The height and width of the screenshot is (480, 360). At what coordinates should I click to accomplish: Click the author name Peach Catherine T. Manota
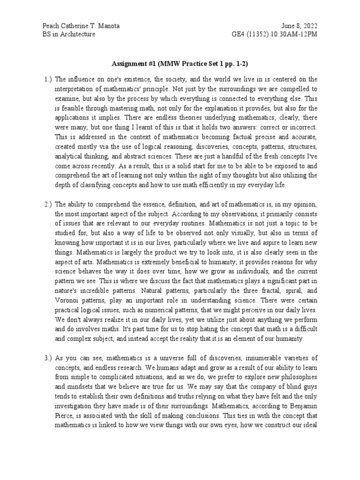[x=81, y=26]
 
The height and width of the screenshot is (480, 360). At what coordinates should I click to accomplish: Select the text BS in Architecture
[x=69, y=35]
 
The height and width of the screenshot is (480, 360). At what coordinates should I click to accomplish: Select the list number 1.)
[x=48, y=79]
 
